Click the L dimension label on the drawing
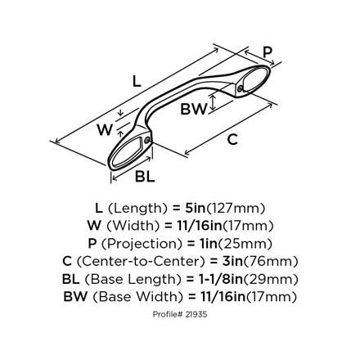point(137,81)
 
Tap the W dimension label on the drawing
point(105,129)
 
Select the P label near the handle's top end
point(268,52)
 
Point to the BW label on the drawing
point(194,109)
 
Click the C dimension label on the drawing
point(232,139)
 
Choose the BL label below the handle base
point(145,176)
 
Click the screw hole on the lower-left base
point(147,141)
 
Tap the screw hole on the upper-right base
point(240,88)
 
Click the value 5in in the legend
point(195,208)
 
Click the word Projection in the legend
point(142,244)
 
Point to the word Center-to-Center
point(141,261)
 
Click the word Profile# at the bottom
point(168,314)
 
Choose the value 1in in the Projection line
point(207,244)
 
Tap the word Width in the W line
point(133,226)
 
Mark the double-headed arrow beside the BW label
point(213,102)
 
